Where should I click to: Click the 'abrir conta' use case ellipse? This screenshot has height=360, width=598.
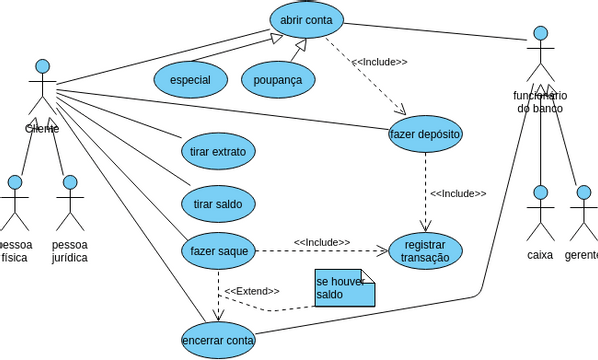pos(306,20)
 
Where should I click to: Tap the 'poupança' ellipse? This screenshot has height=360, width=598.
pos(278,79)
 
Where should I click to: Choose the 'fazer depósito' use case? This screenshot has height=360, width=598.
pos(425,133)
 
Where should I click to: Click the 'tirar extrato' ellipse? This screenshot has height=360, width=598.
pos(217,152)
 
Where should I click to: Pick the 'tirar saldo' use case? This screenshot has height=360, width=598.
pos(217,204)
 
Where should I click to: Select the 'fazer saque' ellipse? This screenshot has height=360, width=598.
pos(217,250)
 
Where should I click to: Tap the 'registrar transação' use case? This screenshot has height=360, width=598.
pos(425,251)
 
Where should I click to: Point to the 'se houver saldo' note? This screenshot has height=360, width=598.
pos(343,288)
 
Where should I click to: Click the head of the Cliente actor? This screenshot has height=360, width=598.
pos(42,62)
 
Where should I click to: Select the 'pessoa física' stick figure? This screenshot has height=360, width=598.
pos(14,205)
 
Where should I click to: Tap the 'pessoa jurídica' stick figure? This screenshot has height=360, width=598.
pos(70,205)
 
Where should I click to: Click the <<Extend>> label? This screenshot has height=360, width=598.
pos(251,291)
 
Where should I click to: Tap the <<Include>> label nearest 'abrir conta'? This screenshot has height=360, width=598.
pos(379,62)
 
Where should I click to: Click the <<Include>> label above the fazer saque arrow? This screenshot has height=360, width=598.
pos(321,242)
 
